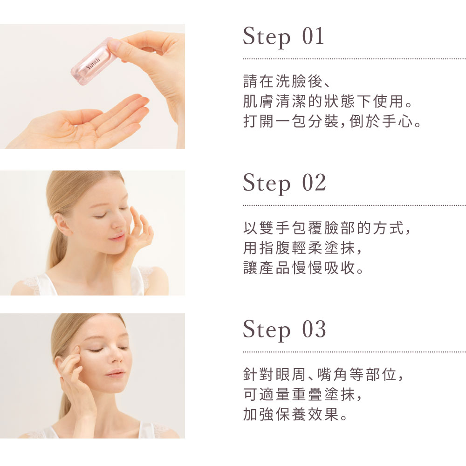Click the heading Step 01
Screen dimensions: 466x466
[x=283, y=37]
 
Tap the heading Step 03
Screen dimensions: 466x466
[x=284, y=330]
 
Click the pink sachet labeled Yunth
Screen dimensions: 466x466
[x=94, y=61]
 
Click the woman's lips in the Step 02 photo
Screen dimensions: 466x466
[x=117, y=237]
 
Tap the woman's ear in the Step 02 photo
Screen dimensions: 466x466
[x=62, y=224]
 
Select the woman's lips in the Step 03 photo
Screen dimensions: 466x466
[x=115, y=373]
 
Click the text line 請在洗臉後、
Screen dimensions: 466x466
[x=287, y=82]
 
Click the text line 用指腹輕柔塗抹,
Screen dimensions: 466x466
[x=302, y=248]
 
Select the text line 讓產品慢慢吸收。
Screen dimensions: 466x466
[x=303, y=268]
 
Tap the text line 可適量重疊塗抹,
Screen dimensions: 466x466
[x=302, y=394]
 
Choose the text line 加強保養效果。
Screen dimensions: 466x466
[x=295, y=414]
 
